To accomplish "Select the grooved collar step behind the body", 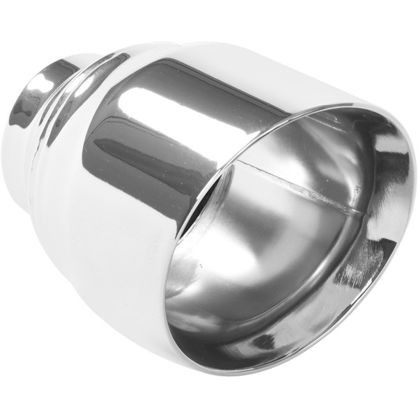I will pos(84,84).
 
